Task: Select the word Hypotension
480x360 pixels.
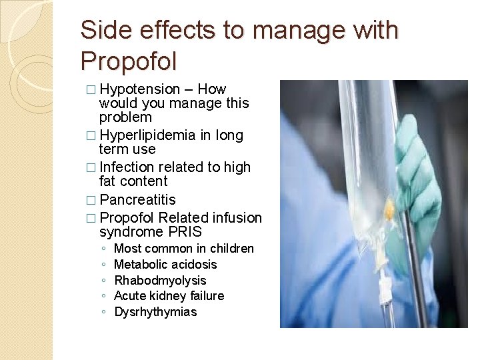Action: click(x=139, y=89)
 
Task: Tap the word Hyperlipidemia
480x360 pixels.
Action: click(x=147, y=135)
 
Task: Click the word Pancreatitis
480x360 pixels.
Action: click(x=137, y=200)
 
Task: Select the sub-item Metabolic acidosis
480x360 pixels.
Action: click(x=166, y=265)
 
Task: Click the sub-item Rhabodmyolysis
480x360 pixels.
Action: click(x=161, y=281)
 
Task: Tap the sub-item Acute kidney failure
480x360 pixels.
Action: click(x=169, y=296)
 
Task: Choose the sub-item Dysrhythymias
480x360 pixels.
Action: click(x=156, y=312)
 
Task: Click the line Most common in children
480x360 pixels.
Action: click(x=184, y=249)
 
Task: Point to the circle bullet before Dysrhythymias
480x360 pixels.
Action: click(x=104, y=312)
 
